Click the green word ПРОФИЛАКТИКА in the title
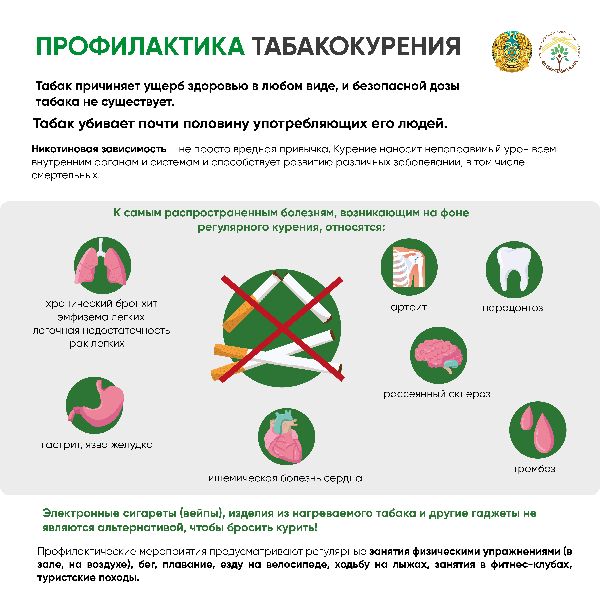(140, 47)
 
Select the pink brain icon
(438, 355)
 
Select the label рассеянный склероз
(437, 394)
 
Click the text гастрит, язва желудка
(97, 445)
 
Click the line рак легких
(97, 343)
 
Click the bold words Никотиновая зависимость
(99, 149)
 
